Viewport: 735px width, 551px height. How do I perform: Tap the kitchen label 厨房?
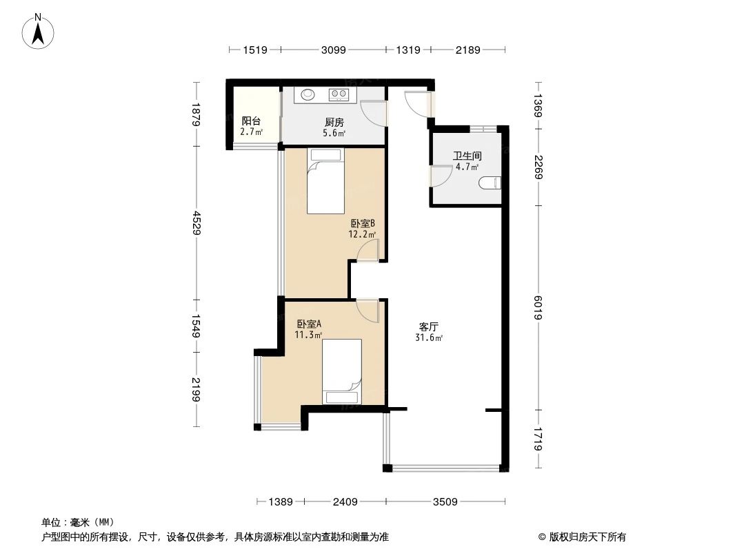[334, 123]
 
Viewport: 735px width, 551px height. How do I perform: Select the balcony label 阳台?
[250, 120]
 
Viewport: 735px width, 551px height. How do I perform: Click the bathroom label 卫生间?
[467, 156]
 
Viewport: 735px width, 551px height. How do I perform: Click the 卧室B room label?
[362, 223]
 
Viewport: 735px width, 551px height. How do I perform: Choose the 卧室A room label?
[309, 324]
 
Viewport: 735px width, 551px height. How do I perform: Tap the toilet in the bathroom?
[491, 183]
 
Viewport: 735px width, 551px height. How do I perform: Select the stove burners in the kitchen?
[339, 94]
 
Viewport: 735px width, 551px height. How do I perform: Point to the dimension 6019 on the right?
[539, 307]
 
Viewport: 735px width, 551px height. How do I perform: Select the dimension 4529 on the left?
[197, 223]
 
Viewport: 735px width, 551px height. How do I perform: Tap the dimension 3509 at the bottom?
[445, 502]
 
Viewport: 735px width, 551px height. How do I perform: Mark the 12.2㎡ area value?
[362, 234]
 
